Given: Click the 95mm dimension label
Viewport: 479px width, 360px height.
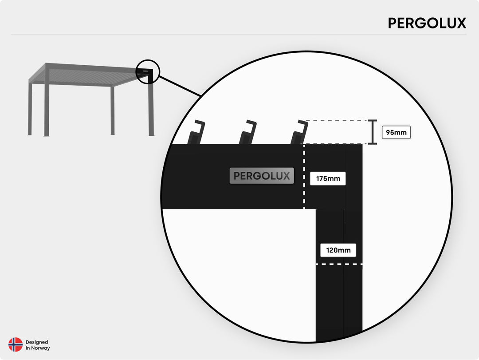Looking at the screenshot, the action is pos(396,132).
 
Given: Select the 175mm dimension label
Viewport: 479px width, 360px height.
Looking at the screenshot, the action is pos(328,178).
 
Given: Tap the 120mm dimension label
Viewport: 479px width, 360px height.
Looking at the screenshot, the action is pos(338,250).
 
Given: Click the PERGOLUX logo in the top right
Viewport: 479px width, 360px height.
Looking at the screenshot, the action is pos(427,23).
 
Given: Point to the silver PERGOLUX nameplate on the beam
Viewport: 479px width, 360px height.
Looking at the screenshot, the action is pos(262,176).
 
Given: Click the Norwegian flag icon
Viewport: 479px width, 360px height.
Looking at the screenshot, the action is pos(16,345).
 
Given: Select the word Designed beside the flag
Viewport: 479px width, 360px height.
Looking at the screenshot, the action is pos(37,342).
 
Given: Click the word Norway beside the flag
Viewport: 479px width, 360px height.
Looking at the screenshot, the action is pos(40,348).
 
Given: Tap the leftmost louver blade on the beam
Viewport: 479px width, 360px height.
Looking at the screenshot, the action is pos(196,132).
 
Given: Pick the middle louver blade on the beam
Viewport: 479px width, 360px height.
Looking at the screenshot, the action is pos(248,132).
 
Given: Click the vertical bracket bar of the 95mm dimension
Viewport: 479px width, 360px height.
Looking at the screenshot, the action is pos(373,132).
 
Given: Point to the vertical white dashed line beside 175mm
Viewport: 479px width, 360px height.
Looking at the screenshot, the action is pos(304,177).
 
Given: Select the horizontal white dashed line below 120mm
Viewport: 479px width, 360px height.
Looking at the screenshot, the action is pos(339,264).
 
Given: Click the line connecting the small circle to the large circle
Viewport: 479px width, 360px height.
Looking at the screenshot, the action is pos(180,86).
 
